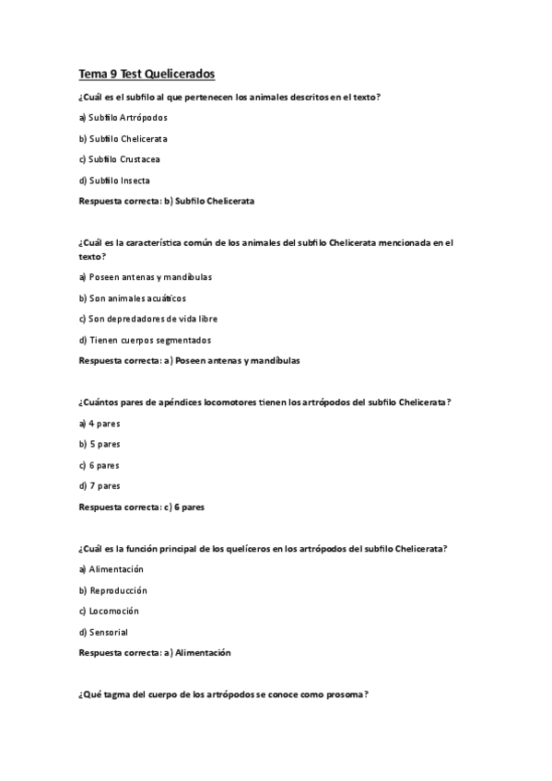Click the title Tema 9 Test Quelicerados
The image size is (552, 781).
pyautogui.click(x=147, y=74)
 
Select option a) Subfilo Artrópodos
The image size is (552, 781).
pyautogui.click(x=123, y=118)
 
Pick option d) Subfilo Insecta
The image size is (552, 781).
pyautogui.click(x=114, y=181)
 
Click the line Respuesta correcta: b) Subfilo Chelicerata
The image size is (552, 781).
pyautogui.click(x=167, y=200)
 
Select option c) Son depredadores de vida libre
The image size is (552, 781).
pyautogui.click(x=147, y=319)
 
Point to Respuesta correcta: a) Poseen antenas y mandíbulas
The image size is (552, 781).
pyautogui.click(x=189, y=360)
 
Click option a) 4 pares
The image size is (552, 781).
pyautogui.click(x=100, y=424)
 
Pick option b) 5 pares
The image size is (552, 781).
pyautogui.click(x=100, y=444)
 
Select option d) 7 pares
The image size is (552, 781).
pyautogui.click(x=100, y=485)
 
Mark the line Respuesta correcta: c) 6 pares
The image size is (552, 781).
pyautogui.click(x=142, y=507)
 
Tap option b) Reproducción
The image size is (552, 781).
pyautogui.click(x=113, y=590)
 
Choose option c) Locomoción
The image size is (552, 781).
pyautogui.click(x=109, y=611)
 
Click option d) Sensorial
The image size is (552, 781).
pyautogui.click(x=103, y=632)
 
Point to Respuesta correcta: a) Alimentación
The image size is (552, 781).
pyautogui.click(x=155, y=653)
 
